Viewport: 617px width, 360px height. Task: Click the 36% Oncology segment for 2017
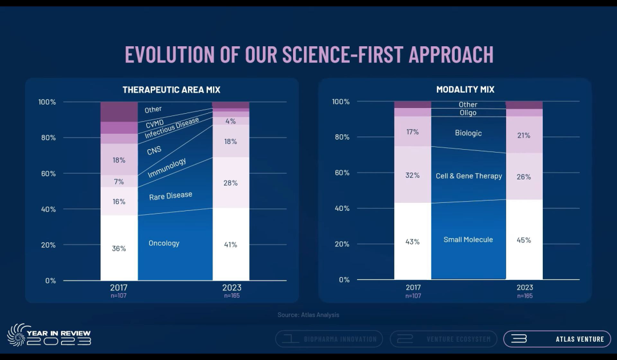(119, 248)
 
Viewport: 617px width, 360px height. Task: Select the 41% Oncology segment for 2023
(231, 245)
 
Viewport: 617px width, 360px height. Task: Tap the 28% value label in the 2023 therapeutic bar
(231, 182)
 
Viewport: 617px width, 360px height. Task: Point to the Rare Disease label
(170, 196)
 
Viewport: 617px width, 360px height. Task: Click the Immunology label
(167, 168)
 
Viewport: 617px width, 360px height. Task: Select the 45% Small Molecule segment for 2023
(524, 240)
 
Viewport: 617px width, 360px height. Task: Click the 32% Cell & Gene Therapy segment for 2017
(412, 175)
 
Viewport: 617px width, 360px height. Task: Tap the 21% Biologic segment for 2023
(524, 135)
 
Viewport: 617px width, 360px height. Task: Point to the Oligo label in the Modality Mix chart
(468, 113)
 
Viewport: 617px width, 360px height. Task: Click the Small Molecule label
(468, 239)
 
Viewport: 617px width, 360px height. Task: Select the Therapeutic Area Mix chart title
(171, 90)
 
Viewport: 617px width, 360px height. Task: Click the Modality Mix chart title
(465, 90)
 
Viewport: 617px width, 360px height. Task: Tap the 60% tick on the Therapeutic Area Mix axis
(47, 174)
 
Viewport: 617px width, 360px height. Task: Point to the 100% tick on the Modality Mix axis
(340, 102)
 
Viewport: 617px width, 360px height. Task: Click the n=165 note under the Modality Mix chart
(524, 296)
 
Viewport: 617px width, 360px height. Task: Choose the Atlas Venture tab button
(556, 339)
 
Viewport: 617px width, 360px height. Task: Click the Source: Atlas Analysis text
(308, 315)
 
